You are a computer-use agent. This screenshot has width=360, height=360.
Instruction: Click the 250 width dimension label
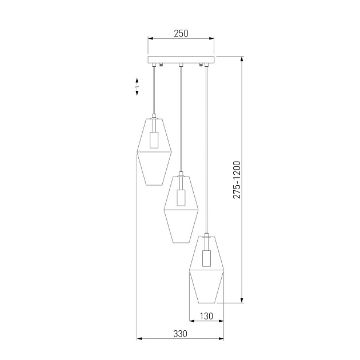click(x=181, y=34)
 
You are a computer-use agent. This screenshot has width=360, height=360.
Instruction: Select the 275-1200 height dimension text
click(x=237, y=179)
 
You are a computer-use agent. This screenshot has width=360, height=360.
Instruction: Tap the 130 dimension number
click(x=206, y=316)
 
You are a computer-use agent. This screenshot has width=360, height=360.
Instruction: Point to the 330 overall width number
click(x=181, y=334)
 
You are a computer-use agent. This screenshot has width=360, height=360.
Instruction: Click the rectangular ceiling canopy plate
click(x=181, y=59)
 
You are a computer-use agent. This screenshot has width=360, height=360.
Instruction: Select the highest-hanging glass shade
click(x=154, y=151)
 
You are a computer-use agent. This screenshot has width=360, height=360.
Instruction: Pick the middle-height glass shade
click(x=181, y=209)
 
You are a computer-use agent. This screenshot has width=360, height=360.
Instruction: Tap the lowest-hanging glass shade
click(x=206, y=269)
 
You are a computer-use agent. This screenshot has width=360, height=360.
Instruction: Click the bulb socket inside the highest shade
click(x=154, y=140)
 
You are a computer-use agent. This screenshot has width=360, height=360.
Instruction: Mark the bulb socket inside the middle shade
click(x=181, y=198)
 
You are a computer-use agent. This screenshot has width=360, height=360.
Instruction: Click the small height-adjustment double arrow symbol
click(x=137, y=86)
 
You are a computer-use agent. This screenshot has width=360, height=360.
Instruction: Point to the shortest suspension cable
click(x=154, y=91)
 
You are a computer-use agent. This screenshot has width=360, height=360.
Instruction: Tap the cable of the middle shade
click(x=181, y=120)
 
